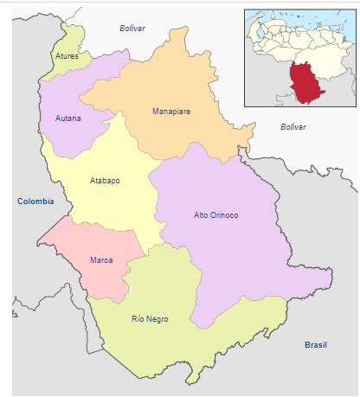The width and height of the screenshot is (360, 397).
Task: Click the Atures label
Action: [x=67, y=56]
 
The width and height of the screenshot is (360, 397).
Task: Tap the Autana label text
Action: [x=68, y=118]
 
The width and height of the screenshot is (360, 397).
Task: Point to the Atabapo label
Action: [x=105, y=181]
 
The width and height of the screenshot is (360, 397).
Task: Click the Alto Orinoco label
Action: [x=215, y=215]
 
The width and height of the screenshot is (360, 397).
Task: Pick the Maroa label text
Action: [x=101, y=259]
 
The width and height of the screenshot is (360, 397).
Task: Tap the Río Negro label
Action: [x=150, y=319]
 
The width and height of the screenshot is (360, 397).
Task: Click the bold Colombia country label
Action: [x=35, y=202]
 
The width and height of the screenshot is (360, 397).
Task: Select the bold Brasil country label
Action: [x=316, y=344]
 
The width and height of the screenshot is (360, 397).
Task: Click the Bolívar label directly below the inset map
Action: [x=293, y=127]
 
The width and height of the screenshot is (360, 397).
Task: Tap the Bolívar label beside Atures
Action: [x=132, y=29]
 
